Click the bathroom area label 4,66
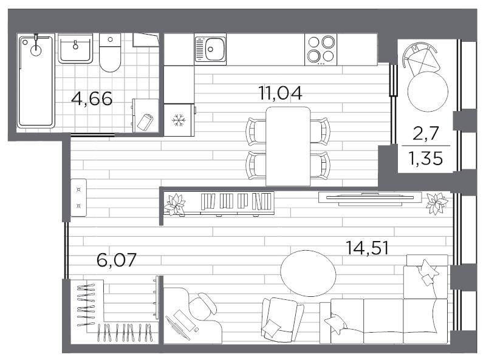pos(92,99)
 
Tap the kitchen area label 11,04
pos(280,93)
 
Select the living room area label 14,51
pos(367,248)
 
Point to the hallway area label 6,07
pos(117,260)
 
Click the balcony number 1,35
pos(426,158)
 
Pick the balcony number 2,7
pos(426,134)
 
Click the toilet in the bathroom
pos(110,53)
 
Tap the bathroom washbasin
pos(75,49)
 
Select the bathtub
pos(36,81)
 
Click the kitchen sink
pos(210,49)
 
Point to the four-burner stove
pos(321,49)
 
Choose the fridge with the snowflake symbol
pos(179,120)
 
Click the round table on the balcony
pos(428,92)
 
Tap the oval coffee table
pos(308,273)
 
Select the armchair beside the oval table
pos(282,319)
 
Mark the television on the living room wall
pos(370,199)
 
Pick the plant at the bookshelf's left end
pos(174,204)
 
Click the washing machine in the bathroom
pos(145,115)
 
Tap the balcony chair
pos(421,59)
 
